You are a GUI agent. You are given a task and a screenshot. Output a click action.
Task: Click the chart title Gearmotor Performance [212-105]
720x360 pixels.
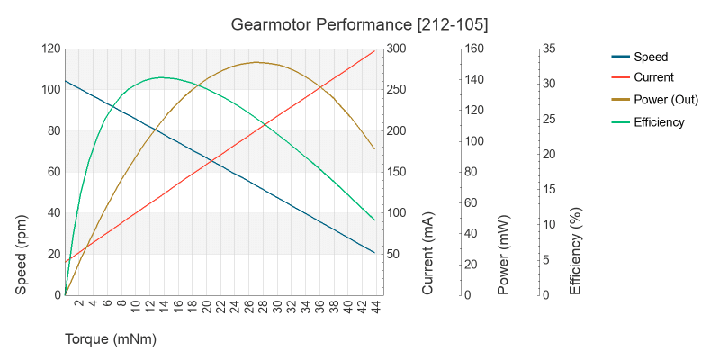tap(360, 22)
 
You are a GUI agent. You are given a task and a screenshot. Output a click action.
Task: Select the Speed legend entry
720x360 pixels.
tap(650, 57)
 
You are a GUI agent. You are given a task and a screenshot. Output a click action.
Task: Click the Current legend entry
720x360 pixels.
tap(653, 77)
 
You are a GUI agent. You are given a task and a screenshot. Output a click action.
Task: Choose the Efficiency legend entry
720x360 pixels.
tap(659, 121)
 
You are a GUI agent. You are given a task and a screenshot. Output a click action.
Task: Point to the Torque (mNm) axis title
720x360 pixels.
tap(111, 339)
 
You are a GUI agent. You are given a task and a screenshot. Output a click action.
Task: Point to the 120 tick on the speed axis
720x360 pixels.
tap(49, 49)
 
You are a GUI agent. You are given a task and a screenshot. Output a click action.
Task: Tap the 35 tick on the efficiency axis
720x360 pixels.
tap(549, 49)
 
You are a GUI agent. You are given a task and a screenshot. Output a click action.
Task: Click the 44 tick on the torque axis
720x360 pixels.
tap(375, 307)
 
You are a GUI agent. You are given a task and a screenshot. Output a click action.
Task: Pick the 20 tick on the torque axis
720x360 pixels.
tap(206, 307)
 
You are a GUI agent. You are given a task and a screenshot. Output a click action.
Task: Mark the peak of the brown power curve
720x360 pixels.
tap(256, 62)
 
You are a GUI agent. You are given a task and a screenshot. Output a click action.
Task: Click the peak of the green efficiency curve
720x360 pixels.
tap(161, 77)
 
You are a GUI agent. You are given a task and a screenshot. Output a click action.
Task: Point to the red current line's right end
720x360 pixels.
tap(375, 50)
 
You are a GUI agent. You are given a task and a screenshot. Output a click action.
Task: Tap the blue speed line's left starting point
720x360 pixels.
tap(65, 81)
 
